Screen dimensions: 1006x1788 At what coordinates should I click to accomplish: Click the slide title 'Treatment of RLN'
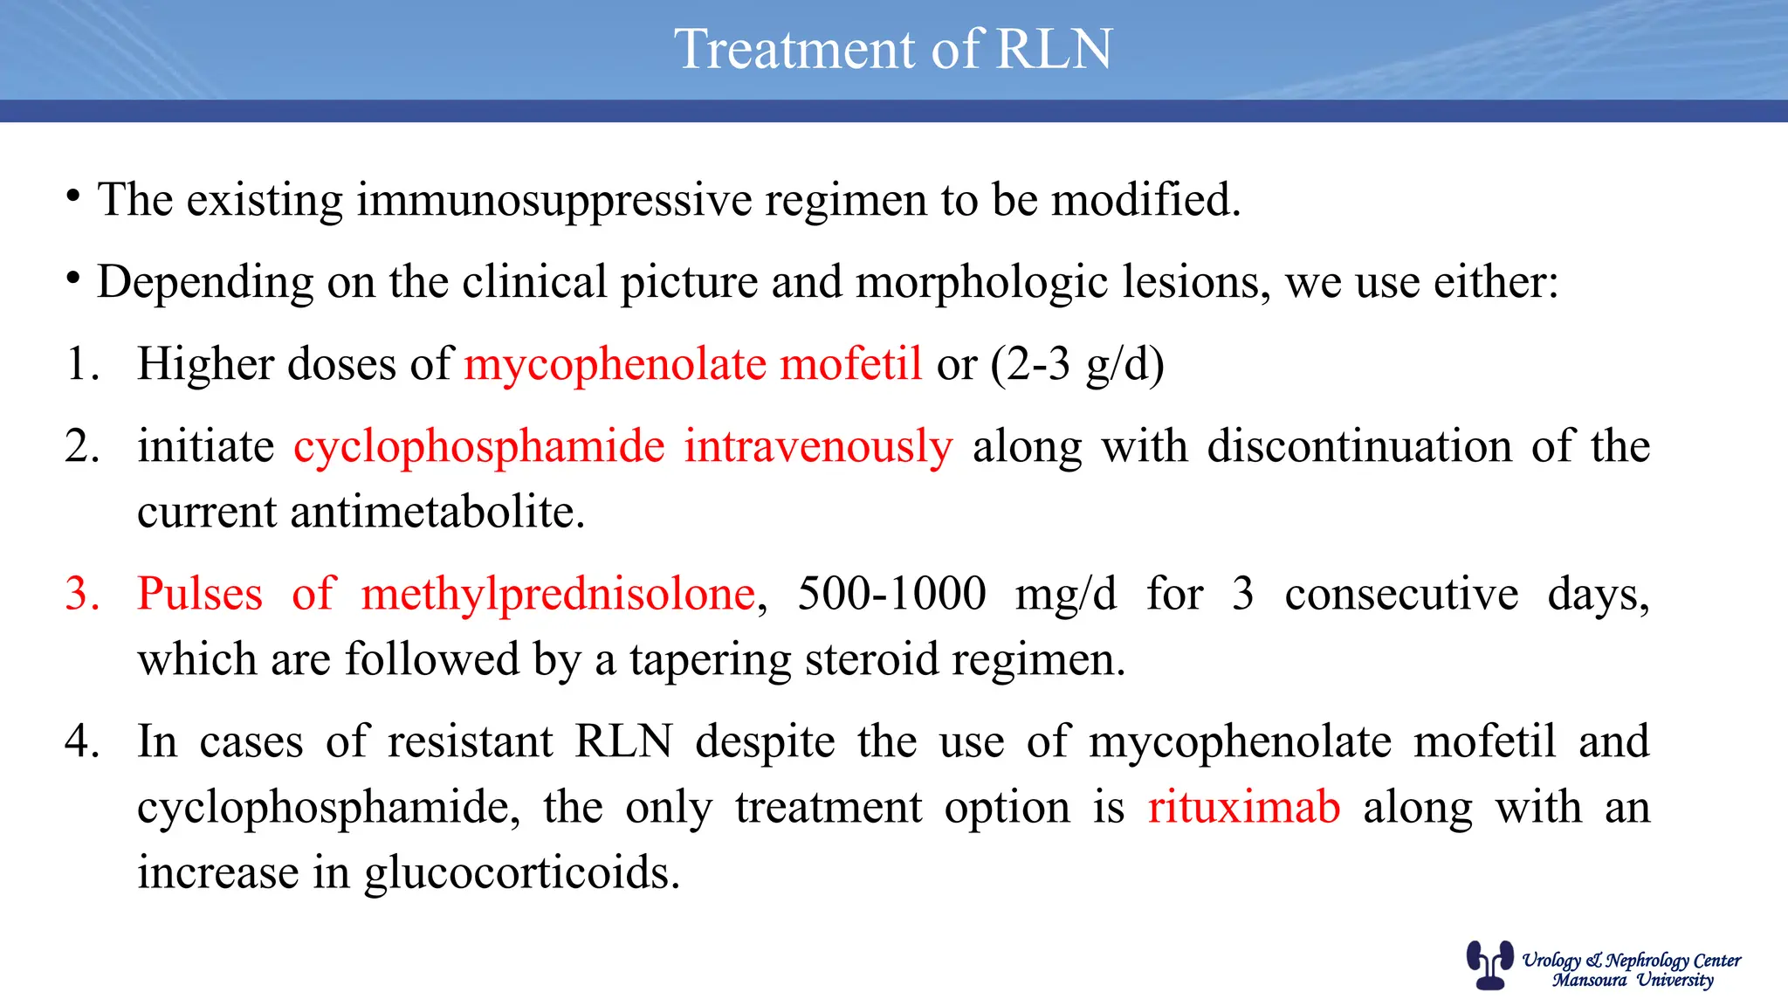893,49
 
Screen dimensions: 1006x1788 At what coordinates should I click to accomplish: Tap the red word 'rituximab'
1243,807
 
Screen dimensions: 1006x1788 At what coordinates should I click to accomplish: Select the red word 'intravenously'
818,447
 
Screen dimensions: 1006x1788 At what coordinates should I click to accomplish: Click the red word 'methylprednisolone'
558,595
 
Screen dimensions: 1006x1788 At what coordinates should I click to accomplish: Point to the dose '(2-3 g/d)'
1077,364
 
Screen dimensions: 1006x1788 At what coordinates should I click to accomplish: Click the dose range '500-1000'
891,595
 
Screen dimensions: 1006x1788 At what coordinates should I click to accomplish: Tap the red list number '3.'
82,595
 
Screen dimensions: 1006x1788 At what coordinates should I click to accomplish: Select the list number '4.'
82,742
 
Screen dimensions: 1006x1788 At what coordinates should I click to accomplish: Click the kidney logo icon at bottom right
1489,964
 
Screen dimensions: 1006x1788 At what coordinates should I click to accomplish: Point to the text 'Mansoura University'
1633,981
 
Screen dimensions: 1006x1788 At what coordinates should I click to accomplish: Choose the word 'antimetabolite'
437,513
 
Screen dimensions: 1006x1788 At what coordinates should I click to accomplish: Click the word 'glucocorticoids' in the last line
521,872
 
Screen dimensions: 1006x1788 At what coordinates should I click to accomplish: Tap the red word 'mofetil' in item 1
850,364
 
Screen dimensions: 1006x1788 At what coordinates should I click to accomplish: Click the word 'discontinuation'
1359,447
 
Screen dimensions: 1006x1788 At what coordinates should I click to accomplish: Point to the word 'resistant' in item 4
470,742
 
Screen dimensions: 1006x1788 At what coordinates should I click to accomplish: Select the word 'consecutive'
1401,595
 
